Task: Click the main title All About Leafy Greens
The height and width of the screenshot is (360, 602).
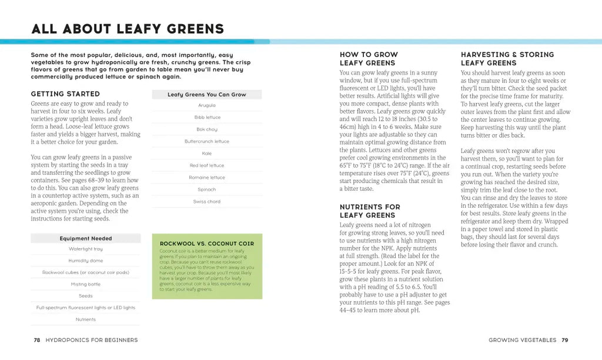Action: (x=128, y=28)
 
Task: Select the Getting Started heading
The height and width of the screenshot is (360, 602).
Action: (x=65, y=94)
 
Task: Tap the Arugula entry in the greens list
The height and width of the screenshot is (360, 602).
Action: (x=206, y=105)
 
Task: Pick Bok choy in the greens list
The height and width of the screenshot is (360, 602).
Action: (x=206, y=129)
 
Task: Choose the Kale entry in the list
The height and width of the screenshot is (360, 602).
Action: (x=206, y=154)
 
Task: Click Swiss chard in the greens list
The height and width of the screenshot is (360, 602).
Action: (x=206, y=202)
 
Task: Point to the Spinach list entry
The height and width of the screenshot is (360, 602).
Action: (x=206, y=189)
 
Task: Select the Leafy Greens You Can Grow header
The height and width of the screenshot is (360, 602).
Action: (x=206, y=94)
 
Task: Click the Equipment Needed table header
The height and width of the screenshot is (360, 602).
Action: (x=85, y=238)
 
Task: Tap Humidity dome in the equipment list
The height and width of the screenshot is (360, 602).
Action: (x=85, y=261)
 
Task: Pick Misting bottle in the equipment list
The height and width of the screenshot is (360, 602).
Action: (x=85, y=284)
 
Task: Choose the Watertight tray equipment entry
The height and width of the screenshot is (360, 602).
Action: (x=85, y=249)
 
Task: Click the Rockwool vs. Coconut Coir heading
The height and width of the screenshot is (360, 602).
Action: (x=207, y=243)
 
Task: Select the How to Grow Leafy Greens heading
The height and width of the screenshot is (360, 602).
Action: (x=369, y=59)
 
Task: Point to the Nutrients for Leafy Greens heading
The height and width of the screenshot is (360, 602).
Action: (x=370, y=211)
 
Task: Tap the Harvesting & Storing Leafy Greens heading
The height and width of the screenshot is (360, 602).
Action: (x=507, y=59)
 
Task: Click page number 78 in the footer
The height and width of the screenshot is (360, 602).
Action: (x=36, y=340)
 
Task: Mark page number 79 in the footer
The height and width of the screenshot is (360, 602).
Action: (x=564, y=340)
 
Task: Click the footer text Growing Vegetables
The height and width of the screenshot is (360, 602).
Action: (x=522, y=340)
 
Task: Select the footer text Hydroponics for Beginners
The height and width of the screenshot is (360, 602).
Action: (x=91, y=340)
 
